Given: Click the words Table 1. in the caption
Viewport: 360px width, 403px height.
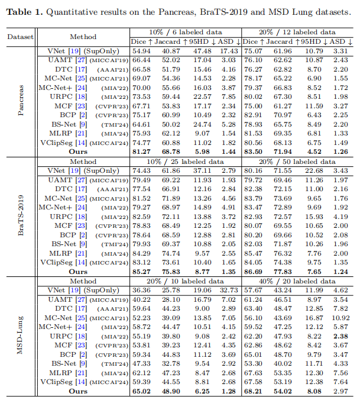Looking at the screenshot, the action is (x=24, y=12).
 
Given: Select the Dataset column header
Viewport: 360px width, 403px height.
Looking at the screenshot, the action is (x=20, y=37).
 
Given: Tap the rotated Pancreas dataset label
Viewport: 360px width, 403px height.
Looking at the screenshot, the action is (x=21, y=100).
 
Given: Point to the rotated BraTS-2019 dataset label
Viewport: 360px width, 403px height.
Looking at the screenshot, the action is (x=21, y=215).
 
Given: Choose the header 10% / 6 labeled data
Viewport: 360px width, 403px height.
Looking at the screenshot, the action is (x=186, y=32).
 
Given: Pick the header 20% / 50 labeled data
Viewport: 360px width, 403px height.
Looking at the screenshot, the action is (x=297, y=162).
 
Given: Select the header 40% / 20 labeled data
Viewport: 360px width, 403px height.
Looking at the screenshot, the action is (x=297, y=281).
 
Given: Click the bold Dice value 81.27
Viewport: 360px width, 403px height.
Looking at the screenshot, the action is (x=141, y=151).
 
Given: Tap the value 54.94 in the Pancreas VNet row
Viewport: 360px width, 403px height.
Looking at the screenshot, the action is (x=141, y=51).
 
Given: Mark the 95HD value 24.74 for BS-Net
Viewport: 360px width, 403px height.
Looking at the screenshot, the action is (x=202, y=124).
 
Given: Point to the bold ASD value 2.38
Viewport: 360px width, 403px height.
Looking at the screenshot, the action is (x=340, y=336).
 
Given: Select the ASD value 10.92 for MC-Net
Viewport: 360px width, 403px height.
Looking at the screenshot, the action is (x=340, y=318).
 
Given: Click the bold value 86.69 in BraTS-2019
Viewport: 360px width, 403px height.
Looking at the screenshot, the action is (x=253, y=272).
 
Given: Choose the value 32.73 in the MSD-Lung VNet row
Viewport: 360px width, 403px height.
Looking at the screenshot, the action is (x=229, y=290).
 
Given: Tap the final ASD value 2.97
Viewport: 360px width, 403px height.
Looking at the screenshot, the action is (x=340, y=391).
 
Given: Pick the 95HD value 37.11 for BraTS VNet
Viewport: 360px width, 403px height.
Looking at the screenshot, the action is (x=202, y=170).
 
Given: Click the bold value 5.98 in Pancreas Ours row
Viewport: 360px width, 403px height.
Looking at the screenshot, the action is (x=202, y=151).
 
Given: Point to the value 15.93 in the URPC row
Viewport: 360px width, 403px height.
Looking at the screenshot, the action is (x=314, y=217).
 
